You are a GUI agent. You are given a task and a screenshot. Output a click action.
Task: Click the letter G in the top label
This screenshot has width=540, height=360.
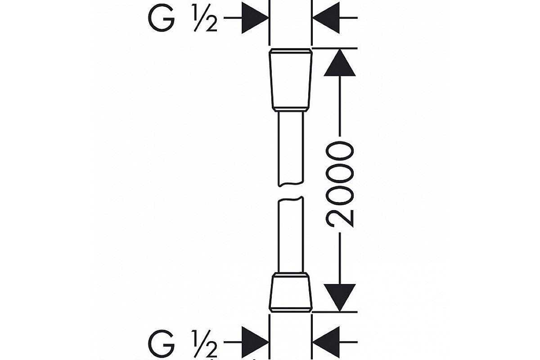coord(161,18)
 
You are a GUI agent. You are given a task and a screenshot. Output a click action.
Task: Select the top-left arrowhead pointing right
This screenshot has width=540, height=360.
coord(255,18)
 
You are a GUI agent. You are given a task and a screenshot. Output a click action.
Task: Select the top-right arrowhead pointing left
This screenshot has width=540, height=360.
coord(326,18)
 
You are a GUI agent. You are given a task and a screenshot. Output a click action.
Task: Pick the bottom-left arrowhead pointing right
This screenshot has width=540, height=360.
coord(255,342)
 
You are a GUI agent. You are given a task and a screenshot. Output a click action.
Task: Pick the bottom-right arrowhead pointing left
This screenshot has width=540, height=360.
coord(326,342)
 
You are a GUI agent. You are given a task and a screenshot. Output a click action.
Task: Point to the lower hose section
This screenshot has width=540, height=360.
coord(290,236)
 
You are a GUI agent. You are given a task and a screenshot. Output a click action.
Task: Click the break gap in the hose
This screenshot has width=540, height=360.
coord(290,191)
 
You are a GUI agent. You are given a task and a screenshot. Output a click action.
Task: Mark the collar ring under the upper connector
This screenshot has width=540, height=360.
coord(290,109)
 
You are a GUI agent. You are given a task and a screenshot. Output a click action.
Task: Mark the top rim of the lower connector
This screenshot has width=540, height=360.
coord(290,274)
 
